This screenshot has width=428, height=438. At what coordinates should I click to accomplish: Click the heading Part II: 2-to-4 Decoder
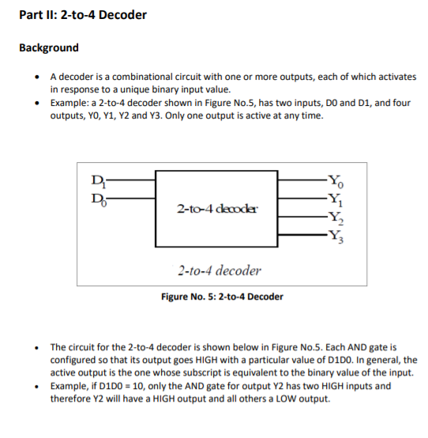tap(83, 15)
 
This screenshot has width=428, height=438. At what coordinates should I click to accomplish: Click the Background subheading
tap(48, 47)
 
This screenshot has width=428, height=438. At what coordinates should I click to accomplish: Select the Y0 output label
tap(336, 179)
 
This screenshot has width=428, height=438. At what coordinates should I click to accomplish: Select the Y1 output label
tap(336, 198)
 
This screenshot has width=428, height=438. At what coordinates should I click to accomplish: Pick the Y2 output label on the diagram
tap(336, 216)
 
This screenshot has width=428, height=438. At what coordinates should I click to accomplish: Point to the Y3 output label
tap(336, 235)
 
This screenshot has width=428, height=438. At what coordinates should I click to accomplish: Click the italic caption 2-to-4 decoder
tap(219, 270)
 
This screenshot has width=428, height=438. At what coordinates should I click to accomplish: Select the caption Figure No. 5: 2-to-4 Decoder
tap(222, 296)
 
